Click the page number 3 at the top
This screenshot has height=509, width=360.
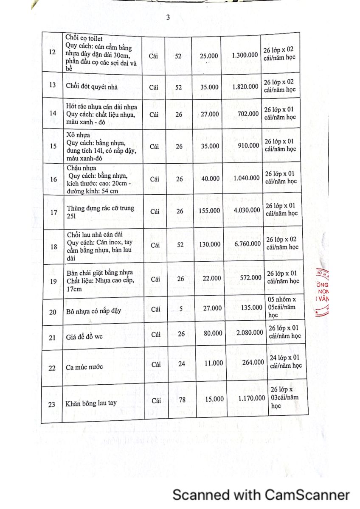tap(168, 18)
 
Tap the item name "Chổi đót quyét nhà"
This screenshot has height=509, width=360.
tap(92, 87)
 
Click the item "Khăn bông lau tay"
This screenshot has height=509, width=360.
tap(91, 404)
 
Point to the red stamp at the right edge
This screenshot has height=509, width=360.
tap(323, 293)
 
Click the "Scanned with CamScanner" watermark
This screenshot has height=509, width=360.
tap(261, 495)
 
